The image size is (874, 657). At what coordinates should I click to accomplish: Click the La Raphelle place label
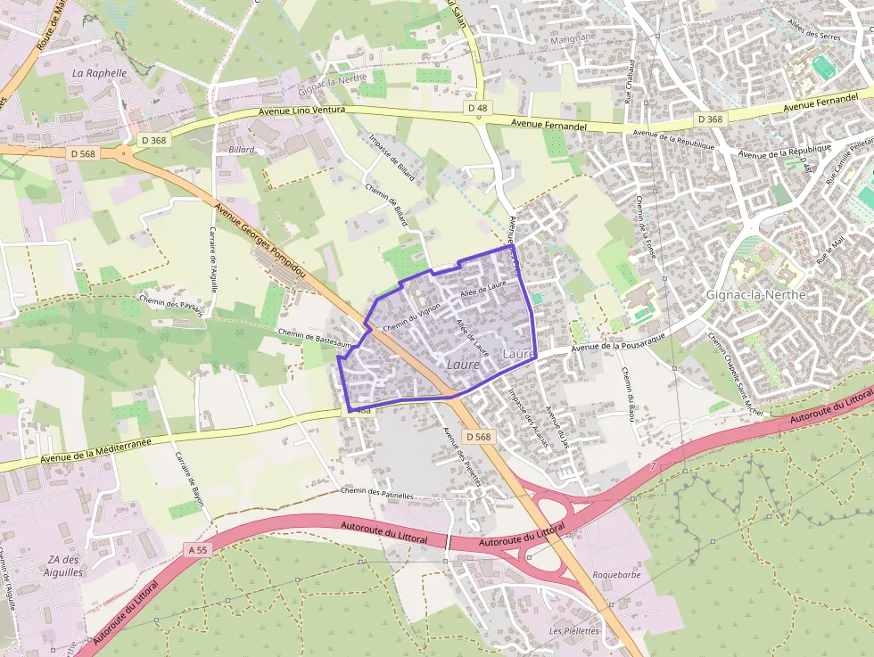pyautogui.click(x=100, y=72)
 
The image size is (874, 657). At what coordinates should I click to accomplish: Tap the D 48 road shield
pyautogui.click(x=478, y=108)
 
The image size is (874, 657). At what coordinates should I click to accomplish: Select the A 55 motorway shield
pyautogui.click(x=198, y=550)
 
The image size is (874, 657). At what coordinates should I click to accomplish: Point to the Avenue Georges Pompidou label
pyautogui.click(x=260, y=238)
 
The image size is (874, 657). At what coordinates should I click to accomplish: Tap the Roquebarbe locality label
pyautogui.click(x=616, y=575)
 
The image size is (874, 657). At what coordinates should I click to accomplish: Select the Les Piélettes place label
pyautogui.click(x=574, y=630)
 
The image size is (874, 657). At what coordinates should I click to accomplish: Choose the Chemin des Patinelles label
pyautogui.click(x=377, y=493)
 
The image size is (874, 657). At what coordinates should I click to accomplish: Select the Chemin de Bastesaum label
pyautogui.click(x=311, y=339)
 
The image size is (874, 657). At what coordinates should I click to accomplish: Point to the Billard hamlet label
pyautogui.click(x=242, y=150)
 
